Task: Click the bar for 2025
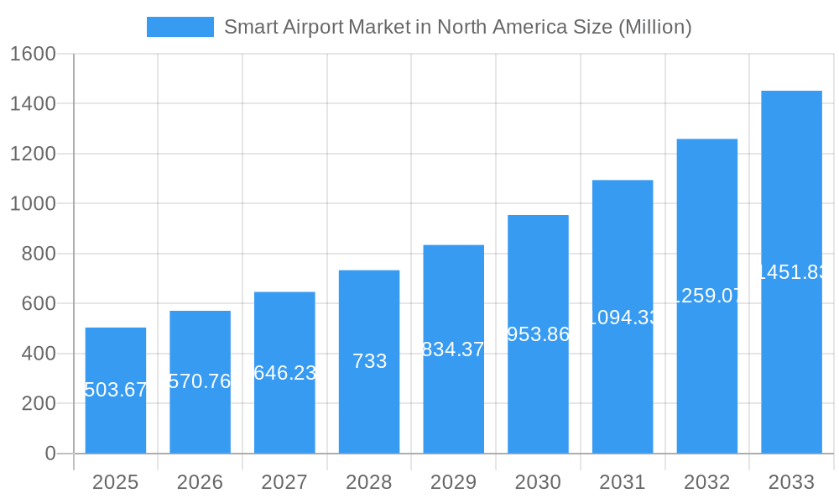point(116,391)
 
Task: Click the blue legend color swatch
point(180,27)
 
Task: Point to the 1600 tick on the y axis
point(33,55)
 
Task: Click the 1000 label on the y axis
point(33,204)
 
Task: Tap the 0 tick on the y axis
point(50,454)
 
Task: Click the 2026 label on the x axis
point(200,483)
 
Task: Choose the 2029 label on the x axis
point(453,483)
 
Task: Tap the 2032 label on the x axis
point(706,483)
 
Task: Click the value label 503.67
point(116,390)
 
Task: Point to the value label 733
point(369,361)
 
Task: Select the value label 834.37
point(453,349)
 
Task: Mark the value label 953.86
point(538,334)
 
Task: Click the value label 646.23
point(284,373)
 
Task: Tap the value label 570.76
point(200,381)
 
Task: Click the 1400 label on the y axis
point(33,104)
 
